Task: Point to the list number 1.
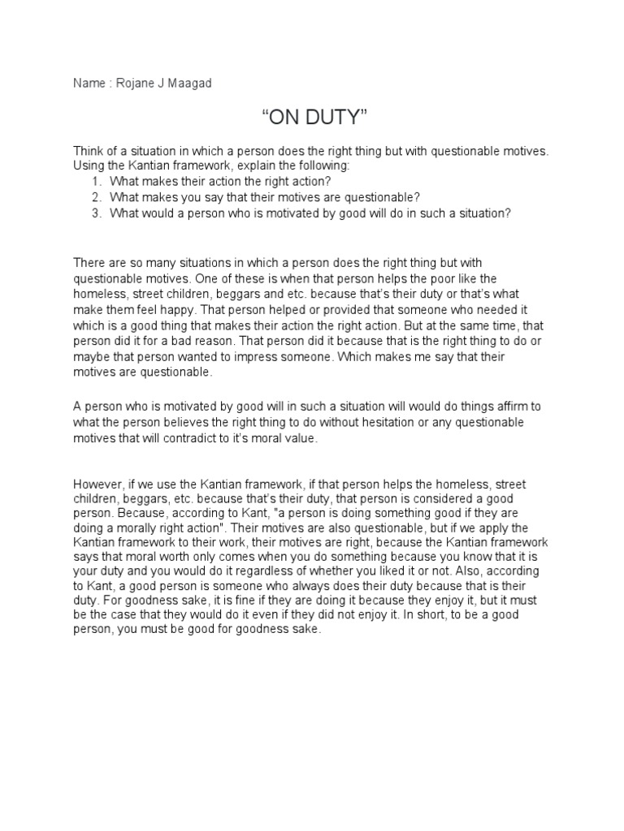click(x=96, y=182)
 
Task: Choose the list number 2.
click(x=96, y=197)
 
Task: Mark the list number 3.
click(x=96, y=213)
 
